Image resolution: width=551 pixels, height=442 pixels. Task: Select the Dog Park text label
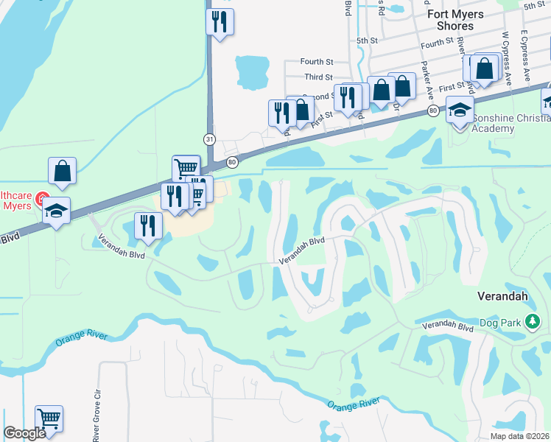pyautogui.click(x=508, y=322)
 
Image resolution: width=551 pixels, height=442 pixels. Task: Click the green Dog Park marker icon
pyautogui.click(x=534, y=322)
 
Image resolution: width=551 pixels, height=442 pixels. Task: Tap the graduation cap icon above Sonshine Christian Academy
pyautogui.click(x=460, y=111)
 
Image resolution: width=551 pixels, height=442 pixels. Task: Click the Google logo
pyautogui.click(x=24, y=433)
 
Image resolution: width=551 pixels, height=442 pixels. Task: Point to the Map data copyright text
pyautogui.click(x=520, y=436)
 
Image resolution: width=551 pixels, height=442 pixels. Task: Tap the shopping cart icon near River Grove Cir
pyautogui.click(x=49, y=419)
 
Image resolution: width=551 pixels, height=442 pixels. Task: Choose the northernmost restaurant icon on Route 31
pyautogui.click(x=220, y=22)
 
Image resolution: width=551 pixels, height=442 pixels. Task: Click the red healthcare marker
pyautogui.click(x=43, y=199)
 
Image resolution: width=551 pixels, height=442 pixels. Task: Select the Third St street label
pyautogui.click(x=318, y=77)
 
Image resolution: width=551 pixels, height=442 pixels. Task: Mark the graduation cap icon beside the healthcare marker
pyautogui.click(x=56, y=211)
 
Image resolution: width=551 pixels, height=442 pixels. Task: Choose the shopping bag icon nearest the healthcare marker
pyautogui.click(x=63, y=171)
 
